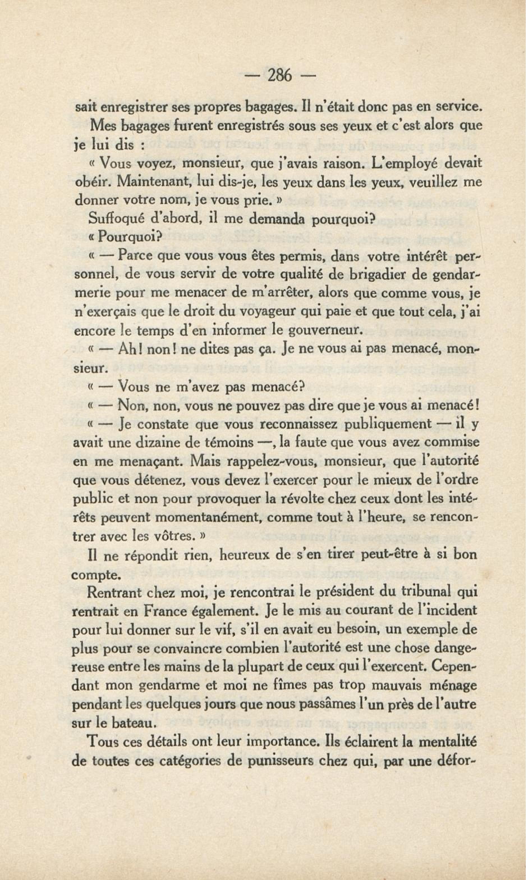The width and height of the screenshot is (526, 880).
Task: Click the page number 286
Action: [280, 76]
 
